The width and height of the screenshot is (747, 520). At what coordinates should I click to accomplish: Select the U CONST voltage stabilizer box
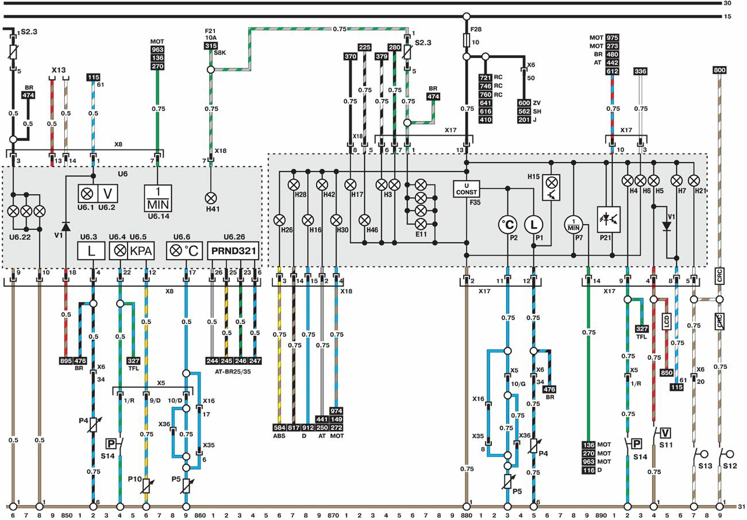[467, 188]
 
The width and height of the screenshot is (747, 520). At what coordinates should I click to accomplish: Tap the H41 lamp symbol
[210, 197]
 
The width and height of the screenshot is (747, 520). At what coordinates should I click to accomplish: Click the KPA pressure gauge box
[140, 251]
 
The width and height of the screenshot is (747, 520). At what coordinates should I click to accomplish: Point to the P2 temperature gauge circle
[508, 225]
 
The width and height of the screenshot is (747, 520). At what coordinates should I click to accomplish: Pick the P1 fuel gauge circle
[535, 225]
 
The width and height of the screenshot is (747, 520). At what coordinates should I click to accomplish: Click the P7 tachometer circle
[573, 224]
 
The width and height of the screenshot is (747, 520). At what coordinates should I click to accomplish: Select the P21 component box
[609, 219]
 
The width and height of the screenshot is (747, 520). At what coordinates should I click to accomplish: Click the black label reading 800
[719, 71]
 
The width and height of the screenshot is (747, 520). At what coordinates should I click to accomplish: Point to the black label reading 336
[641, 71]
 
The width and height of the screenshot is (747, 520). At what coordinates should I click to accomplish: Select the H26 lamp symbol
[280, 219]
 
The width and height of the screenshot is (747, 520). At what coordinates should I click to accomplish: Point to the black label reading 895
[66, 361]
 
